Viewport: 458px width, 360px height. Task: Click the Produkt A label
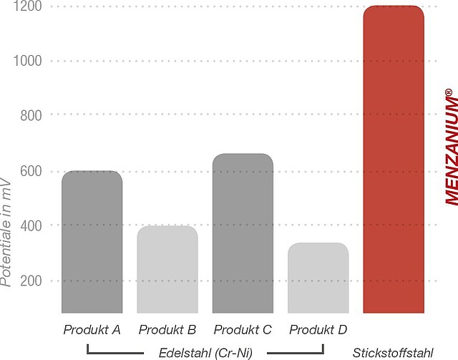coord(92,330)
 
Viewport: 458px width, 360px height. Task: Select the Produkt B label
coord(167,330)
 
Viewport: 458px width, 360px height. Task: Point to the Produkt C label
coord(243,330)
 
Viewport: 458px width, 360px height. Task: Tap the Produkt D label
coord(318,330)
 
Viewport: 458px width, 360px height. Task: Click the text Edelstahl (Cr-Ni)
coord(205,352)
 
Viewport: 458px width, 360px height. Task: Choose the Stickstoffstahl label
coord(394,352)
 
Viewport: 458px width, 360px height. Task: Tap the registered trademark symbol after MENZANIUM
coord(448,93)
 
